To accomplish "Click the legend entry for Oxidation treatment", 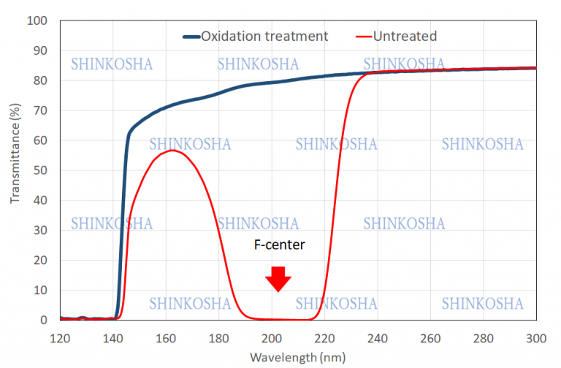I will [x=264, y=36].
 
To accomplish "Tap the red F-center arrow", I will [x=278, y=279].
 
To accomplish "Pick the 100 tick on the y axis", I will [x=37, y=20].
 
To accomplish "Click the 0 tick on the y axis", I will [x=43, y=320].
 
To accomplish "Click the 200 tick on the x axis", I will [x=272, y=337].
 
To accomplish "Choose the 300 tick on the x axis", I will [x=536, y=337].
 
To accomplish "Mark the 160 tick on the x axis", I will [x=166, y=337].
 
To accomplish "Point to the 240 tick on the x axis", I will [x=378, y=337].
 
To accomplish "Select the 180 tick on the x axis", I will [x=218, y=337].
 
